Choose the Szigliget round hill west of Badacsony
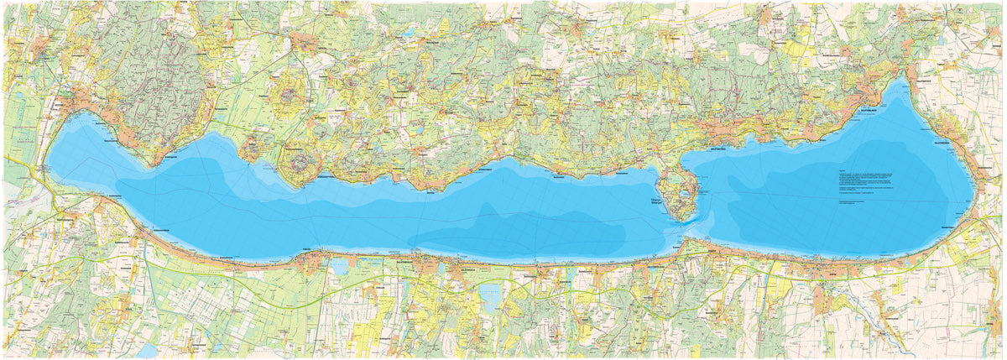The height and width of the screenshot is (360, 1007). tap(251, 152)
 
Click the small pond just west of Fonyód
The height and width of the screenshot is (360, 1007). tap(340, 266)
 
